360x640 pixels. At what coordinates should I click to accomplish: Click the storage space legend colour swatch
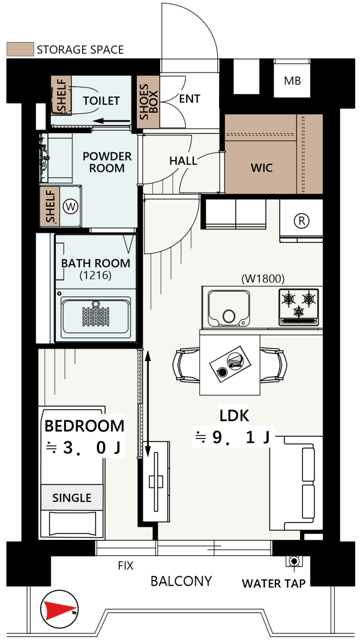pos(20,49)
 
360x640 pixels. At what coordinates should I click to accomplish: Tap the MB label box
pos(292,81)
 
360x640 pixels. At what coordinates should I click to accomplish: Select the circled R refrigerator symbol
pos(302,221)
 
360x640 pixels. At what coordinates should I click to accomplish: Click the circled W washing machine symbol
pos(70,206)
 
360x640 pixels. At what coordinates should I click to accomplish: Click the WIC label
pos(262,167)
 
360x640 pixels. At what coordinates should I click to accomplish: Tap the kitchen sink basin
pos(229,308)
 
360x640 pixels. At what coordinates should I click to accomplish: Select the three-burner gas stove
pos(299,307)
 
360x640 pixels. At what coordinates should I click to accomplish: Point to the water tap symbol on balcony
pos(294,561)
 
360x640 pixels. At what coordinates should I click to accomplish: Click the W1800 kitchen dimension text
pos(263,279)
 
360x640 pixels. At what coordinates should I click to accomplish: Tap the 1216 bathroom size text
pos(95,275)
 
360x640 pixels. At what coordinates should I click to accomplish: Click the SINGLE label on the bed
pos(72,498)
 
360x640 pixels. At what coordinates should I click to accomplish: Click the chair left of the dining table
pos(187,363)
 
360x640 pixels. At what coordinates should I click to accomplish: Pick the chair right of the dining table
pos(274,363)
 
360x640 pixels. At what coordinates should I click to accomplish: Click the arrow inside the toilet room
pos(112,121)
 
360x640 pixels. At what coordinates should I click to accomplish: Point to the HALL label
pos(183,161)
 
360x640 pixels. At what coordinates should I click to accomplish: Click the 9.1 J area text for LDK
pos(233,437)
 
